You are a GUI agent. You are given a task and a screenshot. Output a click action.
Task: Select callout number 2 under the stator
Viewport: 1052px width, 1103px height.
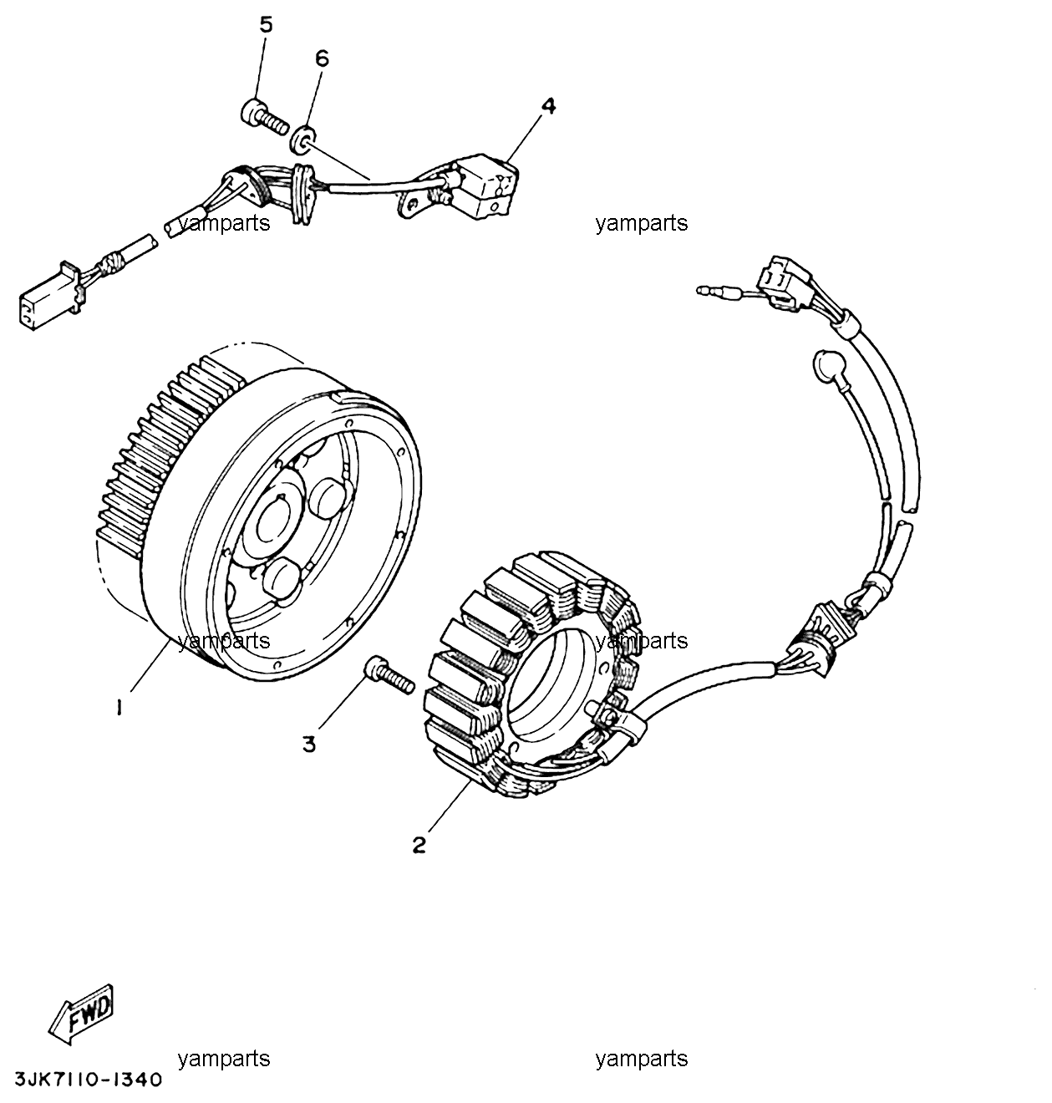coord(419,845)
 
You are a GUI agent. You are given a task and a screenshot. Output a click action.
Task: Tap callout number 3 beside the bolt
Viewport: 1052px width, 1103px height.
coord(309,745)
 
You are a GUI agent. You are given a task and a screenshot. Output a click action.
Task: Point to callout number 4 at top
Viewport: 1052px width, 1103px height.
coord(548,106)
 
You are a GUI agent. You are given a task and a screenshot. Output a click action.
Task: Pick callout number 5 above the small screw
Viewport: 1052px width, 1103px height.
coord(266,25)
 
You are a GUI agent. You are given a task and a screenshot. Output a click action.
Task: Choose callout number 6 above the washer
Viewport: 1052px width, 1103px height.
coord(322,58)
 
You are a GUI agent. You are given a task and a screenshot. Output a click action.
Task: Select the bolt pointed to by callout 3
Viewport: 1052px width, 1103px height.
coord(389,675)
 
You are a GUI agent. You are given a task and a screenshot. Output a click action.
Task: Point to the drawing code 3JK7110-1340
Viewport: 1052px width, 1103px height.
coord(89,1079)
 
